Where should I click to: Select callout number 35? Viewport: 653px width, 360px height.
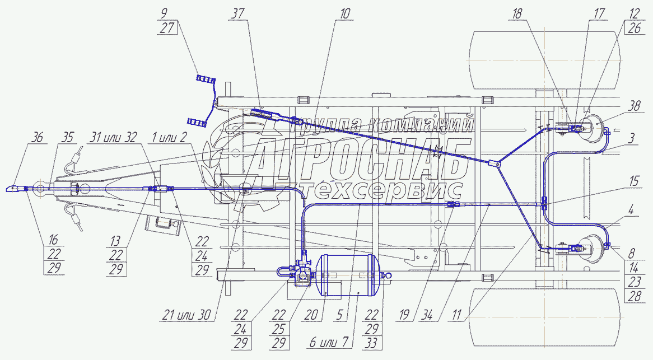(68, 138)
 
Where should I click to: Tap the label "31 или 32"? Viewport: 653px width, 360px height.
(114, 138)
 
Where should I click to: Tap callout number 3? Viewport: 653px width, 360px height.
(631, 136)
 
